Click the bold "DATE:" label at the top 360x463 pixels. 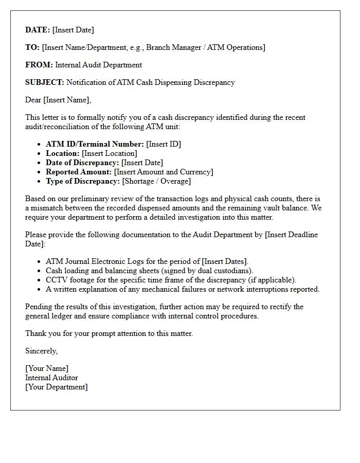click(38, 30)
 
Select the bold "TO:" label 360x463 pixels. click(32, 47)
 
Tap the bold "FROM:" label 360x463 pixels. click(39, 65)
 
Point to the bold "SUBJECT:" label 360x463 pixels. click(45, 82)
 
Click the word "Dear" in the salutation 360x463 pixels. click(33, 100)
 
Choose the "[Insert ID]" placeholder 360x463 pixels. click(164, 144)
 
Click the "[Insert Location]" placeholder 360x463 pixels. click(110, 153)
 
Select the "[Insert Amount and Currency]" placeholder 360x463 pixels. click(164, 172)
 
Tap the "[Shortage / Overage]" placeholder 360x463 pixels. click(156, 181)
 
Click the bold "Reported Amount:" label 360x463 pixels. click(79, 172)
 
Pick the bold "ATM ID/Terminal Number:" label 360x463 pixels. click(95, 144)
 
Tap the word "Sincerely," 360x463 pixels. click(42, 351)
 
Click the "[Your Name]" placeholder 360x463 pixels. click(47, 368)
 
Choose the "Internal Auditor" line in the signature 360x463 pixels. click(51, 378)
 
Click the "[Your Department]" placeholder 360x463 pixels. click(57, 387)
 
